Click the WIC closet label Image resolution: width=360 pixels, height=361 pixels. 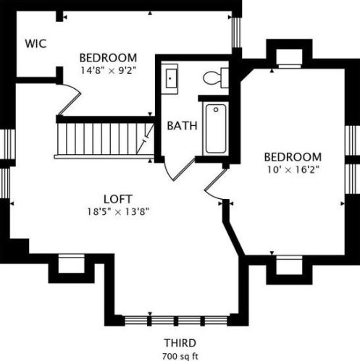[x=35, y=43]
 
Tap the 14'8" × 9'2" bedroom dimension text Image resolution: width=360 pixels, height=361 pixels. [x=108, y=70]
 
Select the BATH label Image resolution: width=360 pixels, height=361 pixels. [x=183, y=125]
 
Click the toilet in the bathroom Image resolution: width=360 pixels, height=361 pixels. [x=215, y=76]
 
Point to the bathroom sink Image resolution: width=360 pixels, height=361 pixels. [x=171, y=77]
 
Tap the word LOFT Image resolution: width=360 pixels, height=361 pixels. [x=117, y=199]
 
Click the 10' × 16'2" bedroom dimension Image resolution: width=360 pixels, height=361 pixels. [x=292, y=169]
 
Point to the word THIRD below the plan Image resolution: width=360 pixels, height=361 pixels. [x=180, y=342]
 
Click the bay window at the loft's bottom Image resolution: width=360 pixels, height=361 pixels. [x=179, y=319]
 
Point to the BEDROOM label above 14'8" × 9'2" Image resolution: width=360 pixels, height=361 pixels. [x=108, y=58]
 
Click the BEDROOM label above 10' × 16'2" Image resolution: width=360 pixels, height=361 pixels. [x=292, y=157]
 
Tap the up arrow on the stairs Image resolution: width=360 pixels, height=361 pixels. [x=148, y=133]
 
